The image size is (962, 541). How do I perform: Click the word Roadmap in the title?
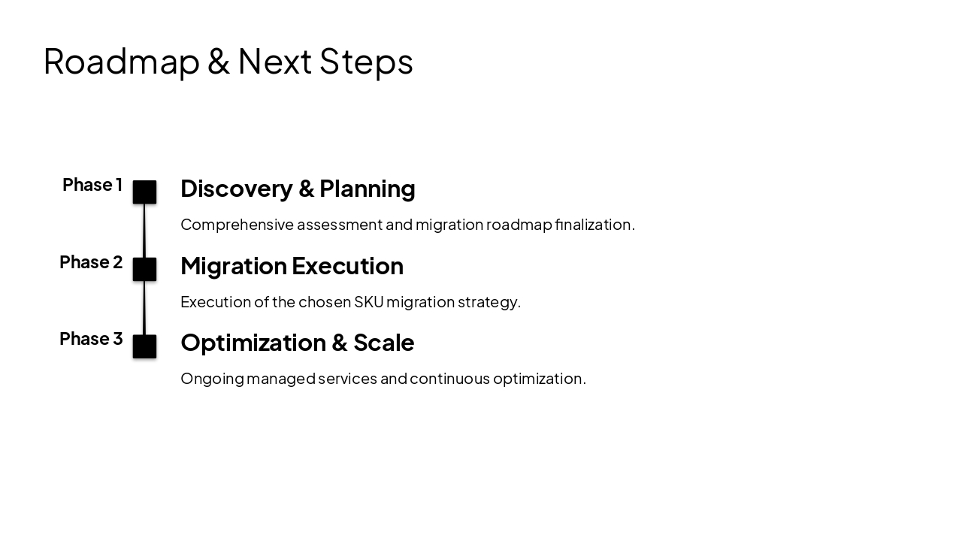(x=121, y=62)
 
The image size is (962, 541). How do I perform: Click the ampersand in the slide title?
(x=218, y=62)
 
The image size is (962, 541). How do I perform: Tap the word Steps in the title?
(x=366, y=62)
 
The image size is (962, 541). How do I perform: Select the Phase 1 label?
(x=92, y=185)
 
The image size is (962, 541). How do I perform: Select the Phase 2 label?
(x=90, y=262)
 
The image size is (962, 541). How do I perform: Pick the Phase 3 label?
(x=90, y=339)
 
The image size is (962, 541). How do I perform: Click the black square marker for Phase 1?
(x=144, y=192)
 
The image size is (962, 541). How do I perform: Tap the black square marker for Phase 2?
(x=144, y=269)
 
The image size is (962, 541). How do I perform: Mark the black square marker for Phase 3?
(x=144, y=346)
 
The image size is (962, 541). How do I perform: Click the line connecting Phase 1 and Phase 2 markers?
(x=144, y=231)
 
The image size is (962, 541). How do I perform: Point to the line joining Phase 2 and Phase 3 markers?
(x=144, y=308)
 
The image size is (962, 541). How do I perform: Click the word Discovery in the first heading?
(x=236, y=189)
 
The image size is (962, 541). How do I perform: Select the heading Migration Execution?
(x=292, y=266)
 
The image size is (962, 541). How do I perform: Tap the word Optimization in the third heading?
(x=253, y=343)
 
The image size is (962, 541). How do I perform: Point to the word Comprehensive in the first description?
(x=237, y=225)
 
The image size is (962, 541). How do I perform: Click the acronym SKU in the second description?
(x=368, y=302)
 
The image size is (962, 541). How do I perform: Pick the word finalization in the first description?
(x=594, y=225)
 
